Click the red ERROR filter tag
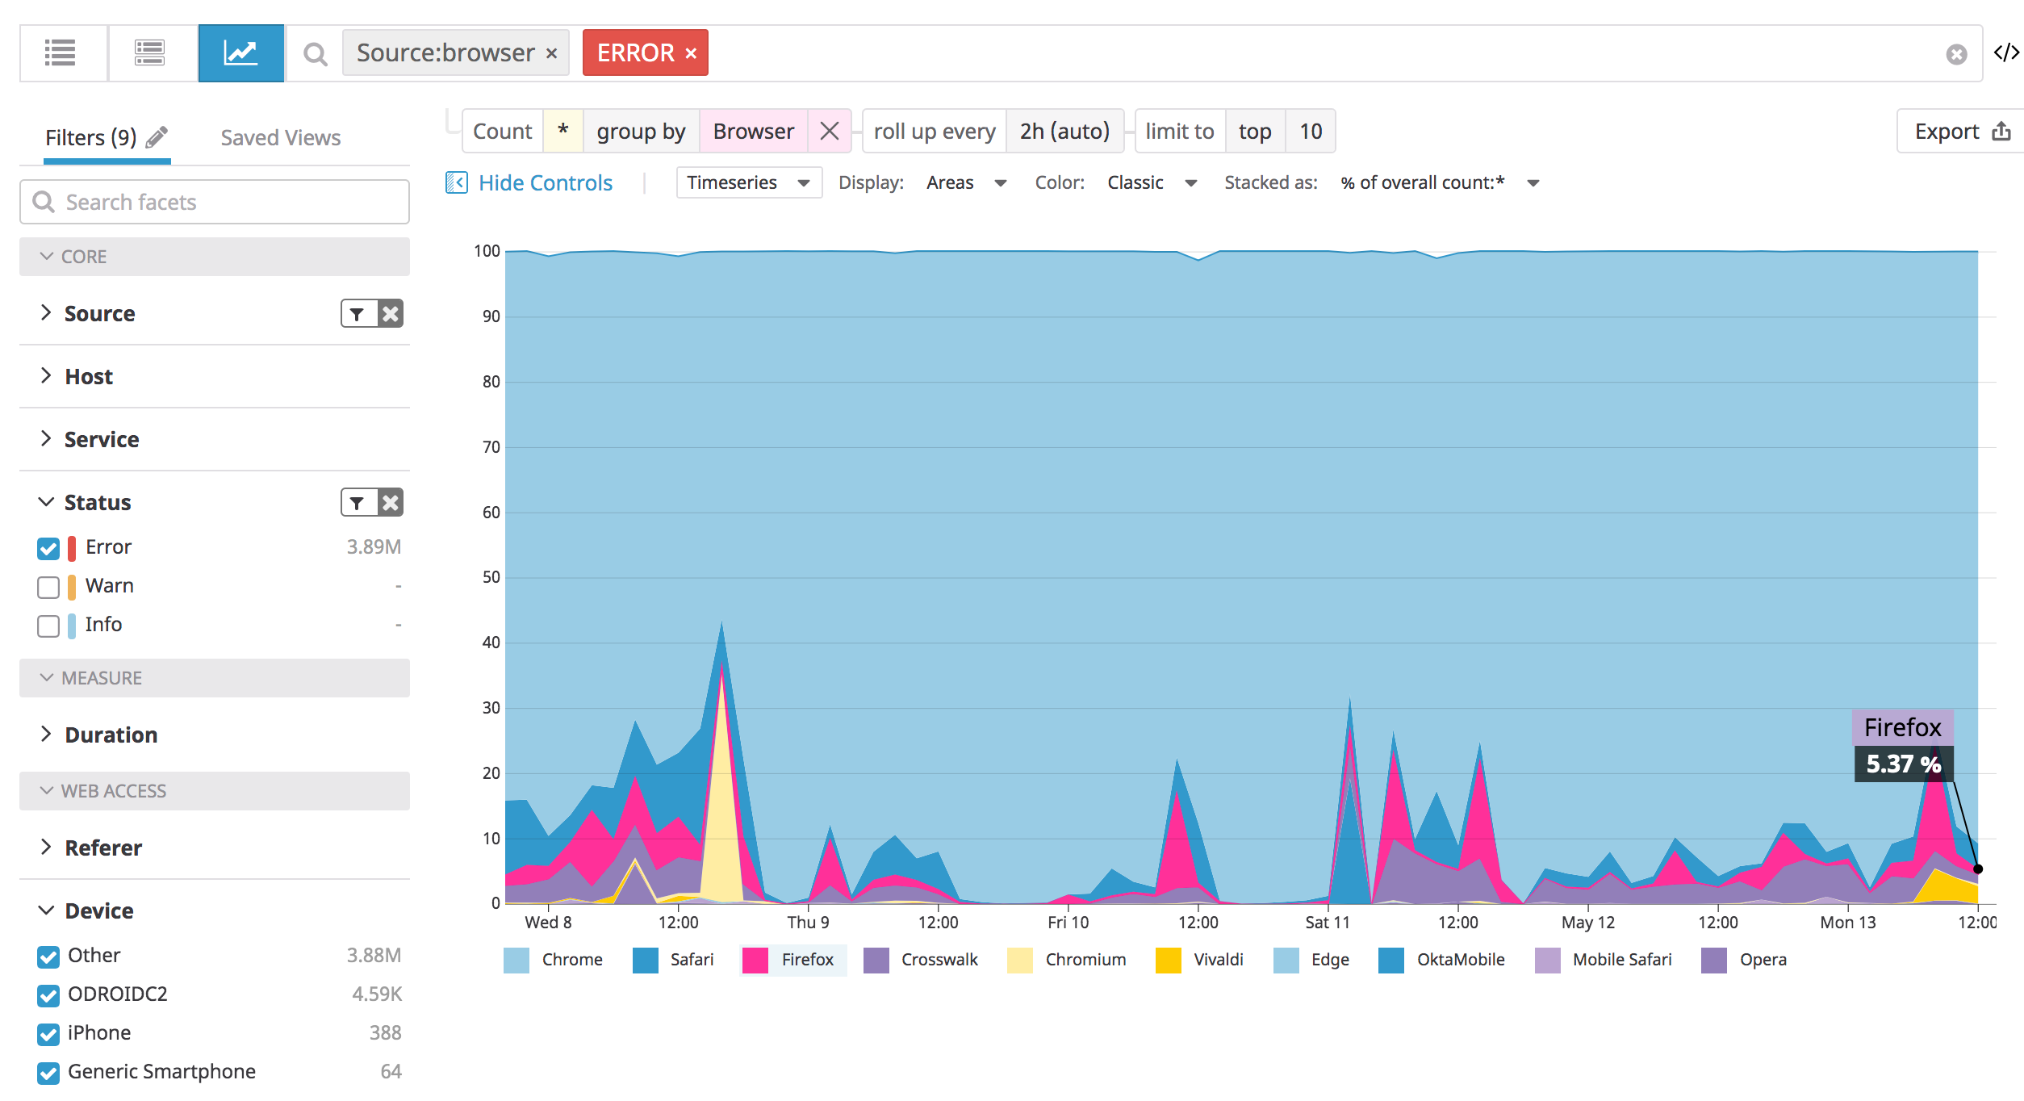(635, 53)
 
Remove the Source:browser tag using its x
(552, 53)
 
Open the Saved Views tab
(280, 138)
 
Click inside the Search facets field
(226, 202)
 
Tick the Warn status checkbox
(48, 587)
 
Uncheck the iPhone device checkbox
(48, 1034)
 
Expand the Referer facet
(103, 848)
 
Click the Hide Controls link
(545, 183)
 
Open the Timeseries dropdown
(747, 183)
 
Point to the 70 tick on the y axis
(491, 447)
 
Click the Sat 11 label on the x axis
(1327, 922)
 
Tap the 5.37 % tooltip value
(1903, 764)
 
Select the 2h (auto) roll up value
(1064, 132)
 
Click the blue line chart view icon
(240, 53)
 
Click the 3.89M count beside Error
(374, 547)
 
